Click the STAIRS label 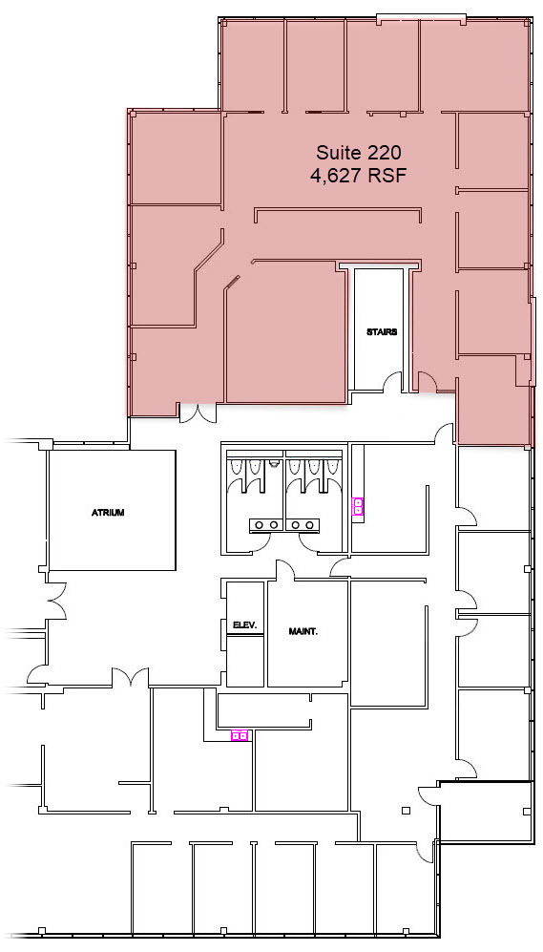(381, 332)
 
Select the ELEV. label (244, 624)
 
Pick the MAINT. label (303, 631)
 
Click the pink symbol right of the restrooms (358, 506)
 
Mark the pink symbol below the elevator (240, 735)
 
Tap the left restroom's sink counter (264, 524)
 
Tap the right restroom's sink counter (305, 524)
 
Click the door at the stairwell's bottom (392, 382)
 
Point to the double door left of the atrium (55, 600)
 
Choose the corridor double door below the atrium (127, 677)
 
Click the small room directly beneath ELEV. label (245, 661)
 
